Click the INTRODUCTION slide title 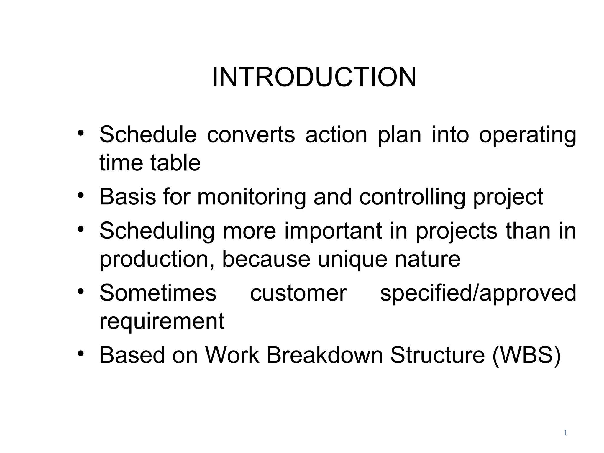[x=314, y=77]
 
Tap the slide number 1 [x=565, y=433]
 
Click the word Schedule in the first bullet [x=148, y=134]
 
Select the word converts [x=251, y=134]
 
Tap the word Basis [x=127, y=196]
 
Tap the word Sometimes [x=158, y=293]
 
